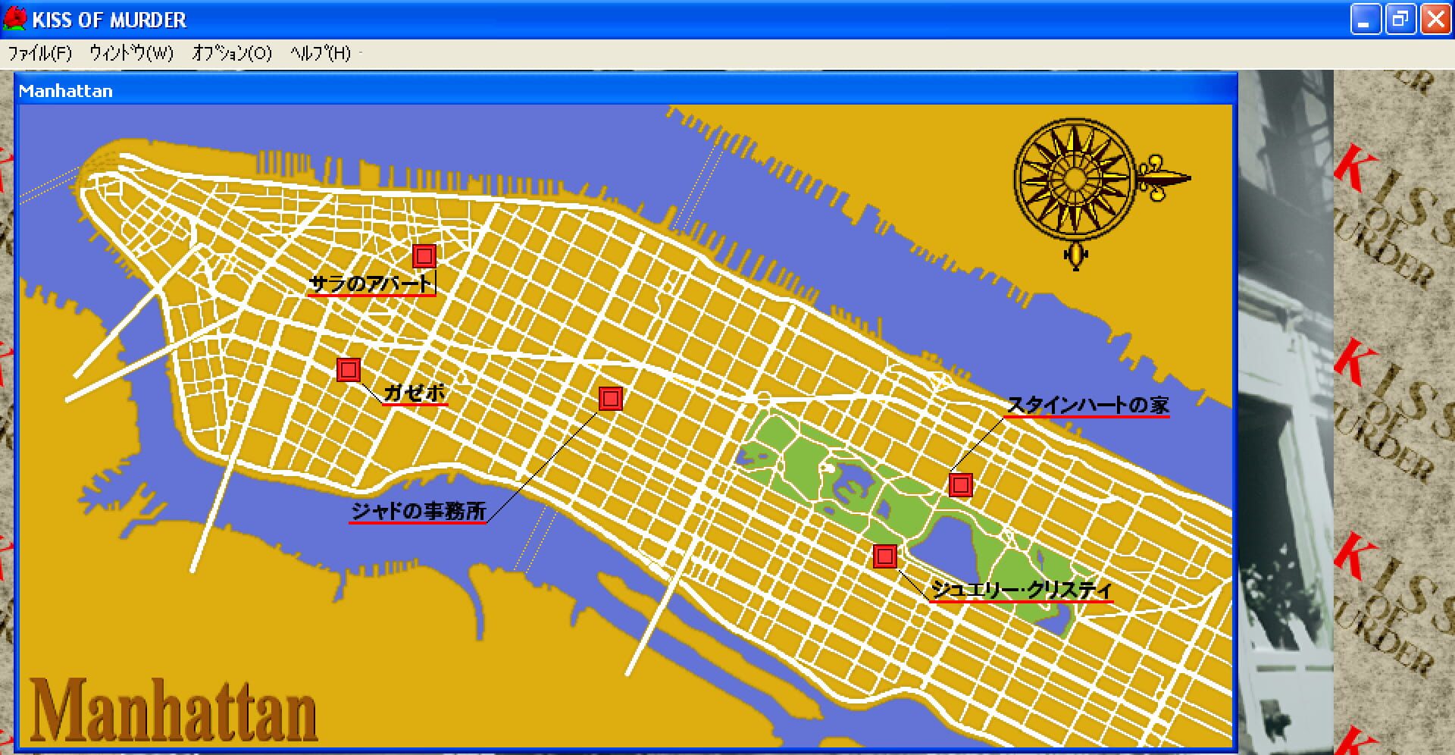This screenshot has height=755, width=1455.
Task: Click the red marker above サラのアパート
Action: [x=424, y=256]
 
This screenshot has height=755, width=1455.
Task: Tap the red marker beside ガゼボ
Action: [x=349, y=370]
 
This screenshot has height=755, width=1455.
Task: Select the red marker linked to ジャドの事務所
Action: [x=611, y=399]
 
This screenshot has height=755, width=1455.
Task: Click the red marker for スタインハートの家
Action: [x=961, y=485]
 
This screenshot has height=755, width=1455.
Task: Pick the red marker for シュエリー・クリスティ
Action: [x=885, y=556]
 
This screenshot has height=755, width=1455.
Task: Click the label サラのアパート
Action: [x=371, y=284]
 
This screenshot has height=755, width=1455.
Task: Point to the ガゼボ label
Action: [x=415, y=393]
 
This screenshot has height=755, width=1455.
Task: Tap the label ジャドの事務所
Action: [x=418, y=511]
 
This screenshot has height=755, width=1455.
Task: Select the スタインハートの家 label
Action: [x=1087, y=406]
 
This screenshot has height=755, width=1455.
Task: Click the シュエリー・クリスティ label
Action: [x=1021, y=589]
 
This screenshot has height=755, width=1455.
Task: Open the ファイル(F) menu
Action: [x=39, y=53]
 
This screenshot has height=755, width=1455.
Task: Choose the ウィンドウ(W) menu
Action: [x=131, y=53]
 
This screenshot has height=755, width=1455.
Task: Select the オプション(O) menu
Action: [x=231, y=53]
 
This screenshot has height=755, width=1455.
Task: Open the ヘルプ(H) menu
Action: [x=320, y=53]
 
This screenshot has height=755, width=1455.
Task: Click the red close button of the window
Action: [x=1435, y=19]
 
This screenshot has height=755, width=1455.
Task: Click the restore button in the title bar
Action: [x=1400, y=19]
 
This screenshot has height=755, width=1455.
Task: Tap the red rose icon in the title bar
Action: [x=14, y=19]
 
